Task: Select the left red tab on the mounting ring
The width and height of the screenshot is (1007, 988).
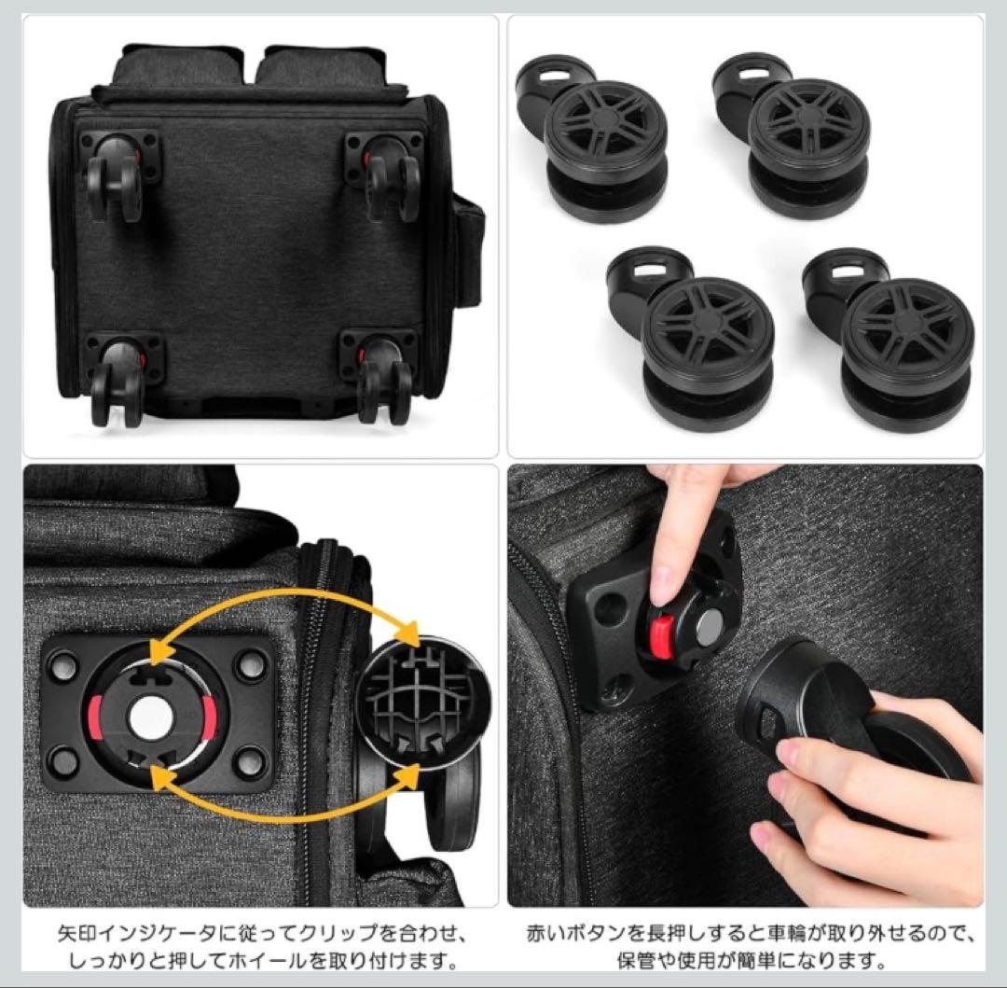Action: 95,717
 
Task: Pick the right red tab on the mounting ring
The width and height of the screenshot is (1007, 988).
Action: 209,715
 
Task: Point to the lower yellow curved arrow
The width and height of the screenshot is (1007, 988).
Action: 283,811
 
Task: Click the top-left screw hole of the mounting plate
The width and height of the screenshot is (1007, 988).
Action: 63,665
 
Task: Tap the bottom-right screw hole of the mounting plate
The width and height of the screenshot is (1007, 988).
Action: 250,764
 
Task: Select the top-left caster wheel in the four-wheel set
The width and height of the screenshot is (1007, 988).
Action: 594,137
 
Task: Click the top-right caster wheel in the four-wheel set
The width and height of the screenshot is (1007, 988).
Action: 793,135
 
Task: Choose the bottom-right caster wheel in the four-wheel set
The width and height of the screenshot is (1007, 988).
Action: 890,337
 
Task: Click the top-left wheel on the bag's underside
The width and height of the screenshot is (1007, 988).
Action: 116,177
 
